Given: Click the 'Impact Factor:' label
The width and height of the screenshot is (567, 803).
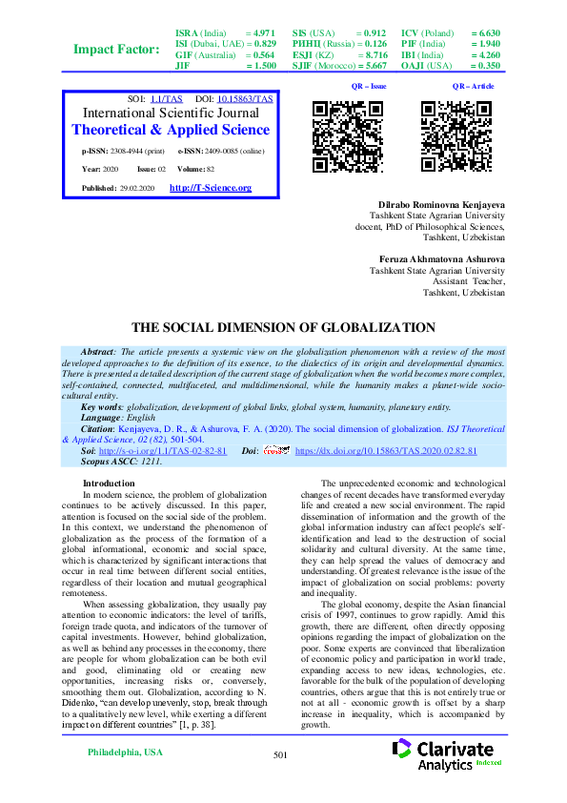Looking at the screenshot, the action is [116, 50].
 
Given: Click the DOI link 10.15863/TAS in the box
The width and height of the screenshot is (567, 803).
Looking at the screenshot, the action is [245, 99].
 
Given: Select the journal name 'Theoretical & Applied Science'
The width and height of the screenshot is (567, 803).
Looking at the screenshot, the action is [172, 130].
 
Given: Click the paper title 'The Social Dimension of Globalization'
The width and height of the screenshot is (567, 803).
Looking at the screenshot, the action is [283, 327].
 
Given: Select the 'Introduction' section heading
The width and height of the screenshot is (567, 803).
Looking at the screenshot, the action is [110, 484].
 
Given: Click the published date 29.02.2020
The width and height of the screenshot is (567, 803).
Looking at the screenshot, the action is [139, 188].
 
